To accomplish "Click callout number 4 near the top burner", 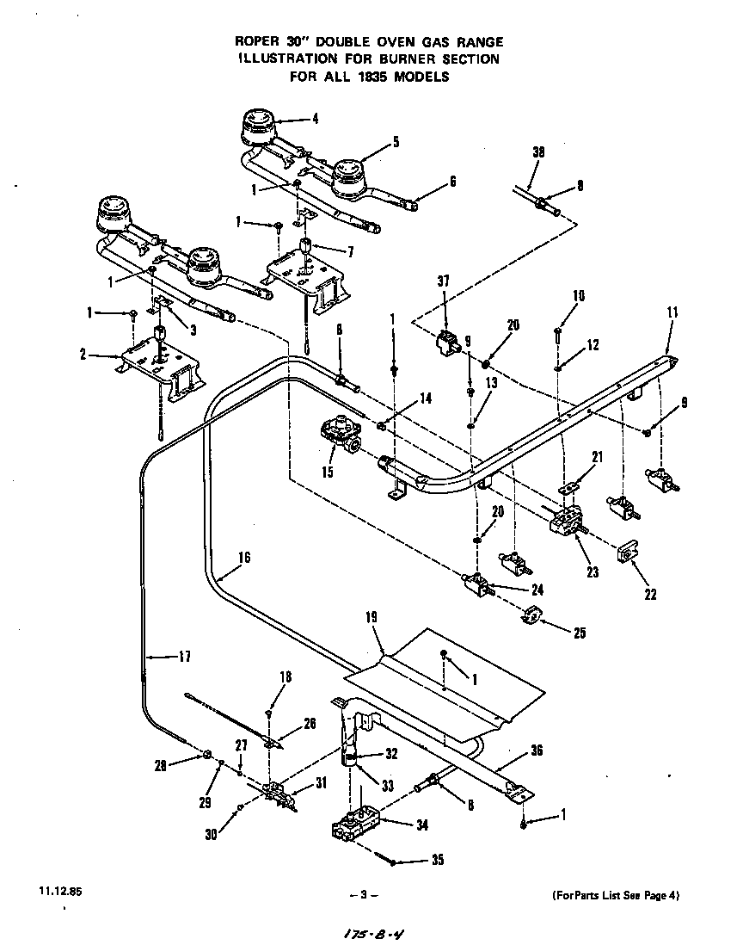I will [x=315, y=120].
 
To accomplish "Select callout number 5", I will [x=396, y=143].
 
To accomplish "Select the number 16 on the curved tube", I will [x=243, y=558].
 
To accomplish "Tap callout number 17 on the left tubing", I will [x=183, y=657].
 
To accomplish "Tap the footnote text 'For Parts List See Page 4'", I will [x=615, y=895].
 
